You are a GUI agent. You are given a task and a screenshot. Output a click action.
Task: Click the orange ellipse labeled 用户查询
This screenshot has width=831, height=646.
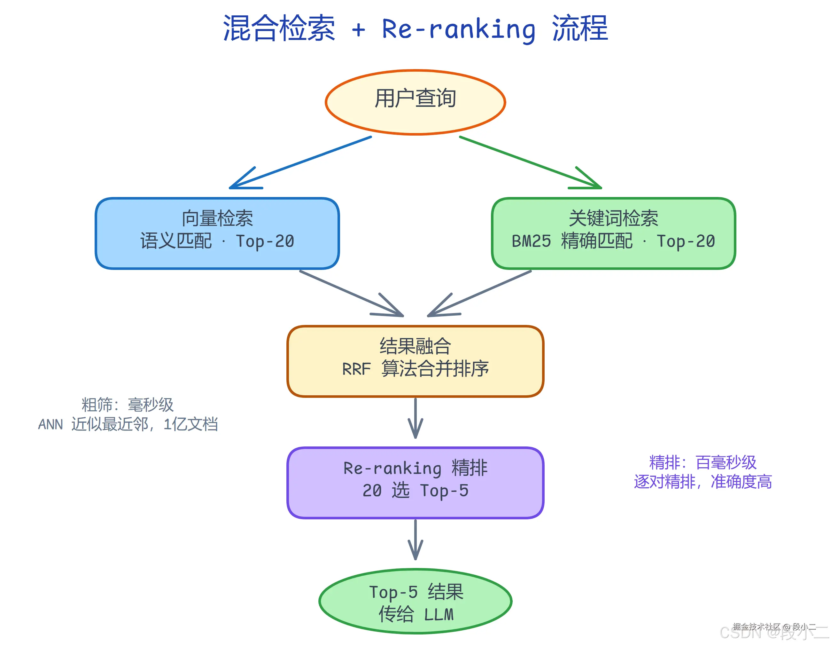(415, 102)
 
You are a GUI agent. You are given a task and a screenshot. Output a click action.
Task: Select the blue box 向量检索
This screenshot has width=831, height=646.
(217, 233)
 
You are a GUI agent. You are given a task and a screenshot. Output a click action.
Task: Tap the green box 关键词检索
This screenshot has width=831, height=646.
(613, 233)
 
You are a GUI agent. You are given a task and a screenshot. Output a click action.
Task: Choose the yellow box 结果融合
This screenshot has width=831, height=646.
(415, 361)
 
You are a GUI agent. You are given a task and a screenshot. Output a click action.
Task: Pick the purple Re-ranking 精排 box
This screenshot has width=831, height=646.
(415, 482)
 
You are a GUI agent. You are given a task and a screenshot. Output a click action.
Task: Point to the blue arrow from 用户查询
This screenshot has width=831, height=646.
(300, 162)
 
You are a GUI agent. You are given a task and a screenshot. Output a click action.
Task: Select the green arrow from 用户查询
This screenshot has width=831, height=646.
(531, 162)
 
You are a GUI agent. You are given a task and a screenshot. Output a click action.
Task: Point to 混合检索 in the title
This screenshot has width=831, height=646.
(279, 28)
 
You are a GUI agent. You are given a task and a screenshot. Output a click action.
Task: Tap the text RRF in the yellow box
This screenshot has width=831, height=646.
(356, 369)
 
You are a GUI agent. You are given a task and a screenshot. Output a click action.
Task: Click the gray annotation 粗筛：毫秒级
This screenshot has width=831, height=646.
(128, 404)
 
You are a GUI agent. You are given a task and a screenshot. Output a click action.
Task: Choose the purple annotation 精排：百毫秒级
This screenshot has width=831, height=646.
(703, 462)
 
